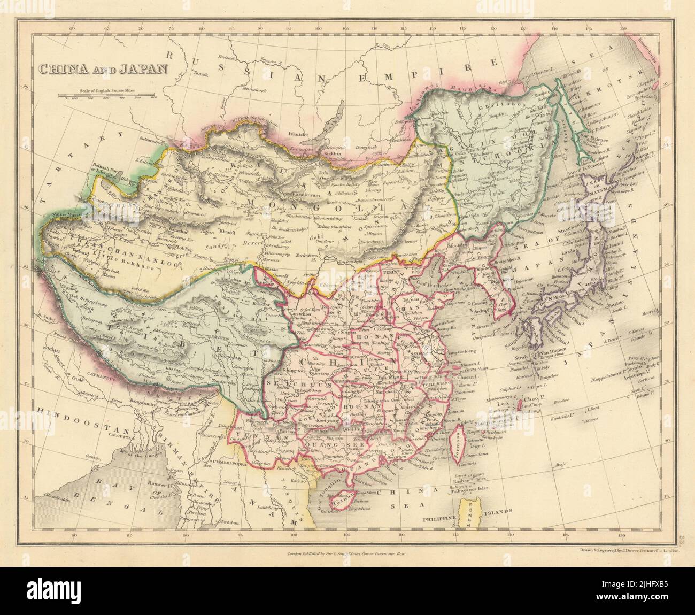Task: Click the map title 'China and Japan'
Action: point(102,68)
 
